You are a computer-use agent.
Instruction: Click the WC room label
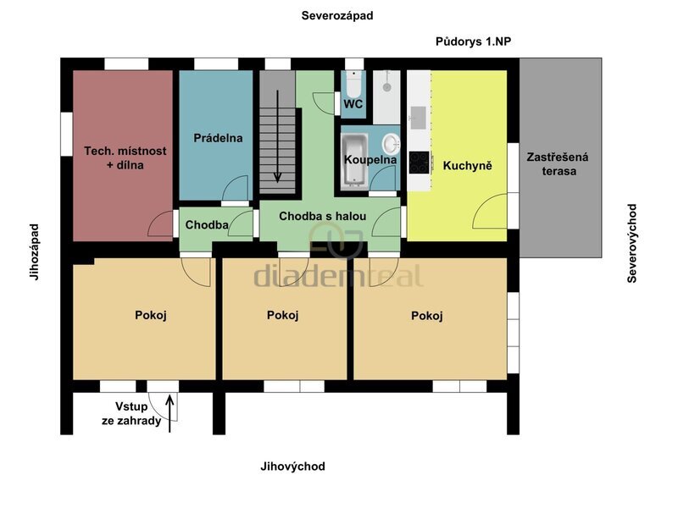click(x=353, y=104)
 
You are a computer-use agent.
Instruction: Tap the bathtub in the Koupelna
click(x=354, y=161)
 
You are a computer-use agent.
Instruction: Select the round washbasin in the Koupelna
click(x=391, y=143)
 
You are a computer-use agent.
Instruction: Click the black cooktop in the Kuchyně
click(x=419, y=163)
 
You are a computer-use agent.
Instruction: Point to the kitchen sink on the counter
click(x=418, y=118)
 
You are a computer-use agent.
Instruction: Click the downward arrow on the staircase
click(x=277, y=136)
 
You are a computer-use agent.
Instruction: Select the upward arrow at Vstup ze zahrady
click(x=170, y=413)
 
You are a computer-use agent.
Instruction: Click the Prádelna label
click(x=218, y=138)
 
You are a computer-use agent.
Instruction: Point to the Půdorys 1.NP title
click(x=473, y=41)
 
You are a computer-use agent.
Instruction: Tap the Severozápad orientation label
click(x=337, y=16)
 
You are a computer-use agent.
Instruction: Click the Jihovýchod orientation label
click(x=292, y=467)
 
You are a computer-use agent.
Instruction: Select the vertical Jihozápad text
click(x=35, y=251)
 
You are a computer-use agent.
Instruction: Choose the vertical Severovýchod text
click(x=631, y=244)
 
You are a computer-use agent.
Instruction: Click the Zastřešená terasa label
click(x=558, y=164)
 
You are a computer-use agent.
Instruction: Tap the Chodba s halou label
click(x=323, y=216)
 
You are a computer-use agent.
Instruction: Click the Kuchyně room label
click(x=468, y=165)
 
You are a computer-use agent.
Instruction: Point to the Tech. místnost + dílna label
click(x=125, y=157)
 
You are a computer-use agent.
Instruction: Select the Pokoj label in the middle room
click(x=283, y=315)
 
